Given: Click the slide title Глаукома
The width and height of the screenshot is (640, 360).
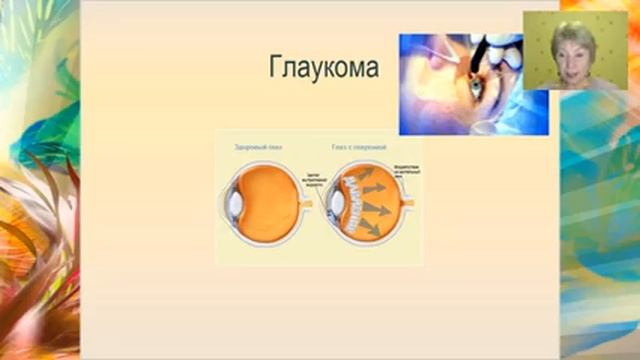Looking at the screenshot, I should pos(324,69).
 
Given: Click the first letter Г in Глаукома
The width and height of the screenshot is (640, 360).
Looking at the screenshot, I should pos(277,69).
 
